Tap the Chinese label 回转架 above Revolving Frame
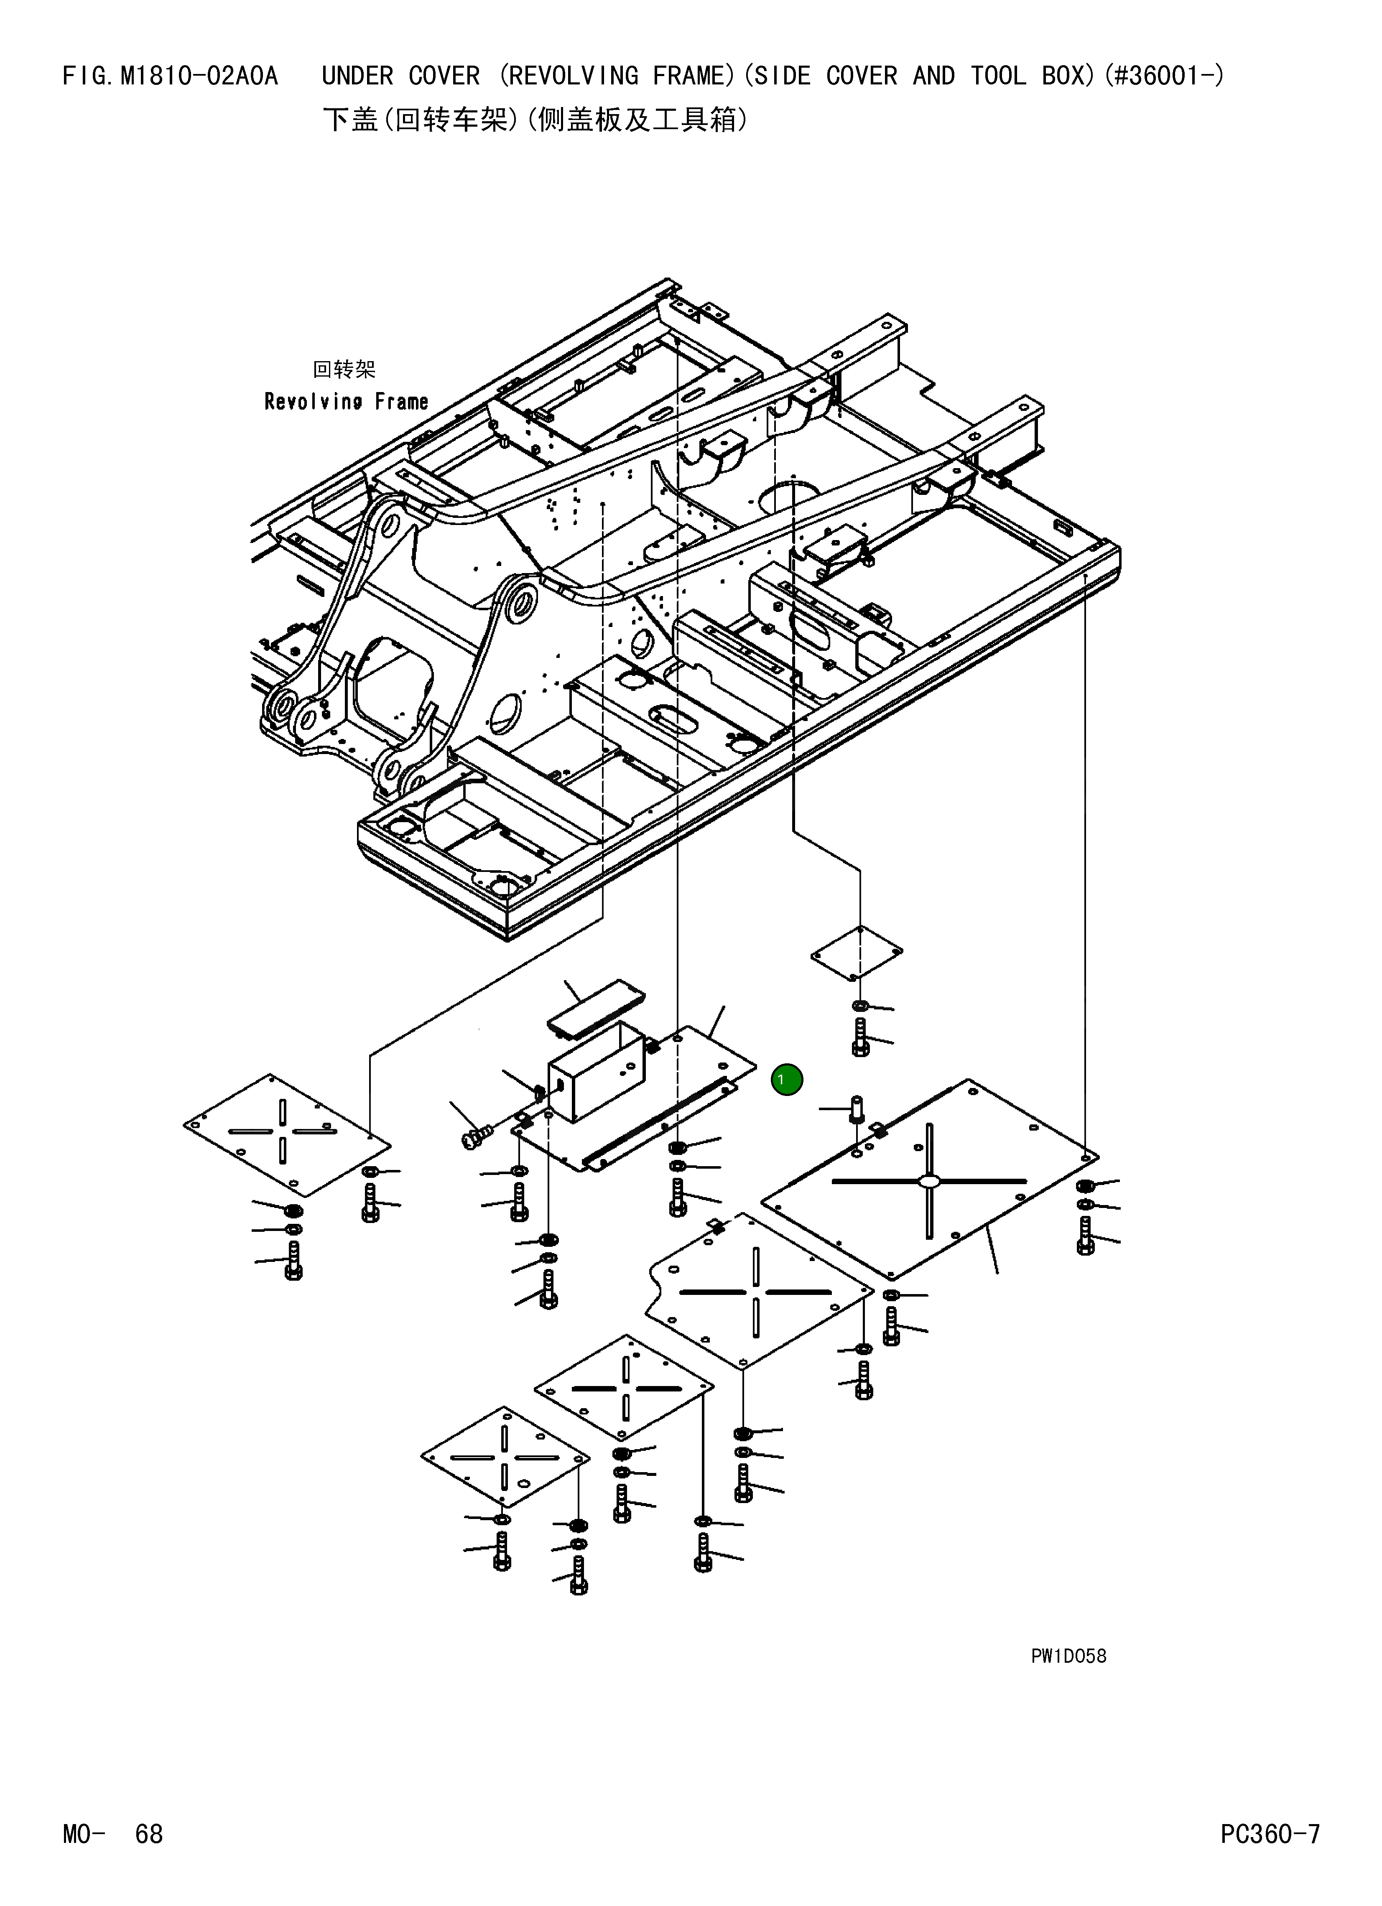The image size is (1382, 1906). (x=344, y=369)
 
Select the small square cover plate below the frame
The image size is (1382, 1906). (x=857, y=953)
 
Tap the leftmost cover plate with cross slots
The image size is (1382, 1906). (x=287, y=1134)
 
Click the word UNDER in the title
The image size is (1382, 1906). (x=358, y=76)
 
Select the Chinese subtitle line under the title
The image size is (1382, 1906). (x=535, y=120)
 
